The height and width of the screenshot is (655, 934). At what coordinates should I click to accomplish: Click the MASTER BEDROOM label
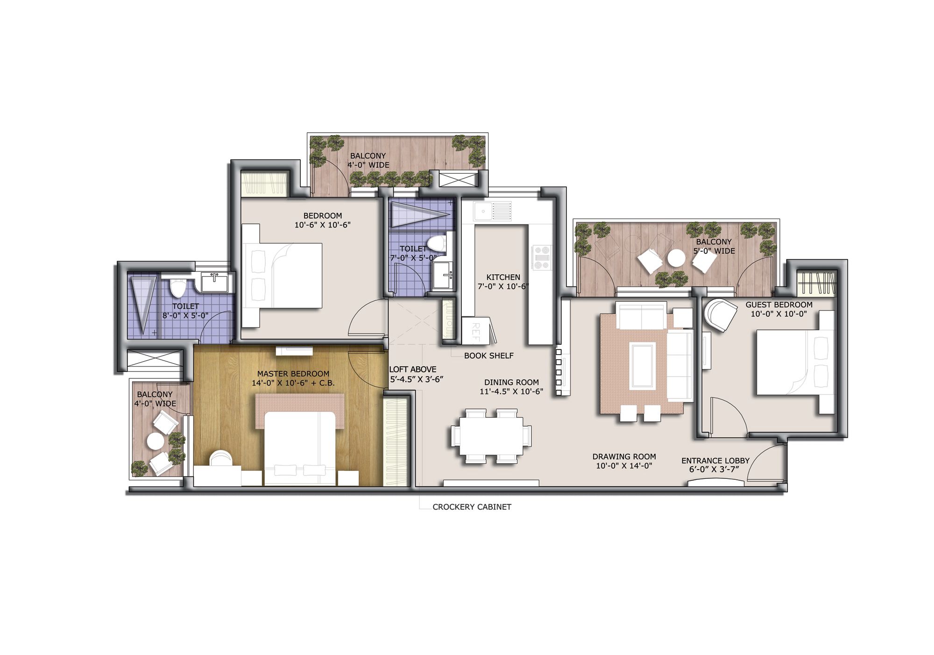(x=293, y=374)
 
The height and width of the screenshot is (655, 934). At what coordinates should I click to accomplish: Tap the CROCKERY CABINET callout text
(x=472, y=507)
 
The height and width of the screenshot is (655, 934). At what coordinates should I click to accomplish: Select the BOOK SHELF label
(x=488, y=356)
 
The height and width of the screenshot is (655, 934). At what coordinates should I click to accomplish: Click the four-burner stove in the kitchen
(x=542, y=257)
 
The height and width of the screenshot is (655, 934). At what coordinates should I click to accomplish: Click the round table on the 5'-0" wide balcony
(x=676, y=258)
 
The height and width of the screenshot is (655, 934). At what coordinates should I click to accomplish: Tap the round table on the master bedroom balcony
(x=155, y=441)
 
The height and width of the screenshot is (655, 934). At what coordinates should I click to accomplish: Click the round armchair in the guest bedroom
(x=719, y=315)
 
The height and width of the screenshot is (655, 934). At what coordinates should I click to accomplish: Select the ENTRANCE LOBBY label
(x=715, y=461)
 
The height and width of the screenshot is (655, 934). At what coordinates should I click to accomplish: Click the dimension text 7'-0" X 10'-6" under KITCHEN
(x=503, y=286)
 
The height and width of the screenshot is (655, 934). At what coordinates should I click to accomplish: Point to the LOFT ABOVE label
(x=413, y=369)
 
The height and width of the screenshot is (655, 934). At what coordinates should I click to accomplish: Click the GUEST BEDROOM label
(x=778, y=305)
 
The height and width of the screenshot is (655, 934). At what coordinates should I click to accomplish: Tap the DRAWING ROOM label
(x=624, y=456)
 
